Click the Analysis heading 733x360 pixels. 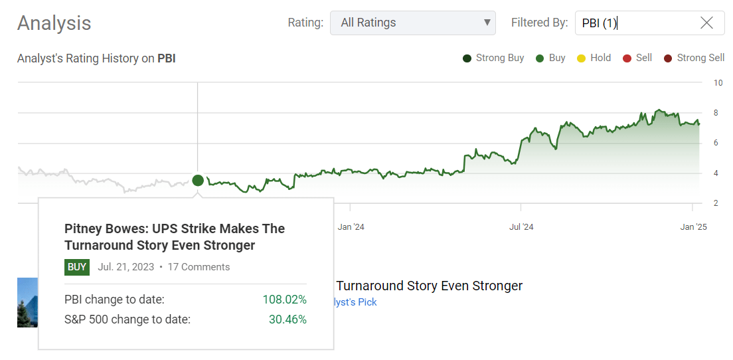(54, 23)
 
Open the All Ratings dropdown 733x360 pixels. (412, 23)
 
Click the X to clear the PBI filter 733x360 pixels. (706, 23)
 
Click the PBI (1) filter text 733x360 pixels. (600, 23)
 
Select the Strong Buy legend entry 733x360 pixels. (493, 58)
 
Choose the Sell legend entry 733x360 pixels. (637, 58)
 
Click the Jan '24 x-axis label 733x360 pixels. (351, 227)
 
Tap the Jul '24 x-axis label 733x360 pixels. (521, 227)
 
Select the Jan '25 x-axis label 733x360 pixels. (693, 227)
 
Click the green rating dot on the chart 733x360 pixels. (198, 180)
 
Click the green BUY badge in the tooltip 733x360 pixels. (77, 267)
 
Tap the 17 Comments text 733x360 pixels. (199, 267)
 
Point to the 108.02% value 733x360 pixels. (284, 300)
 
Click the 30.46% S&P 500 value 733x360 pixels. (287, 319)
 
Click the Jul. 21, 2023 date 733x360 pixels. (125, 267)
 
